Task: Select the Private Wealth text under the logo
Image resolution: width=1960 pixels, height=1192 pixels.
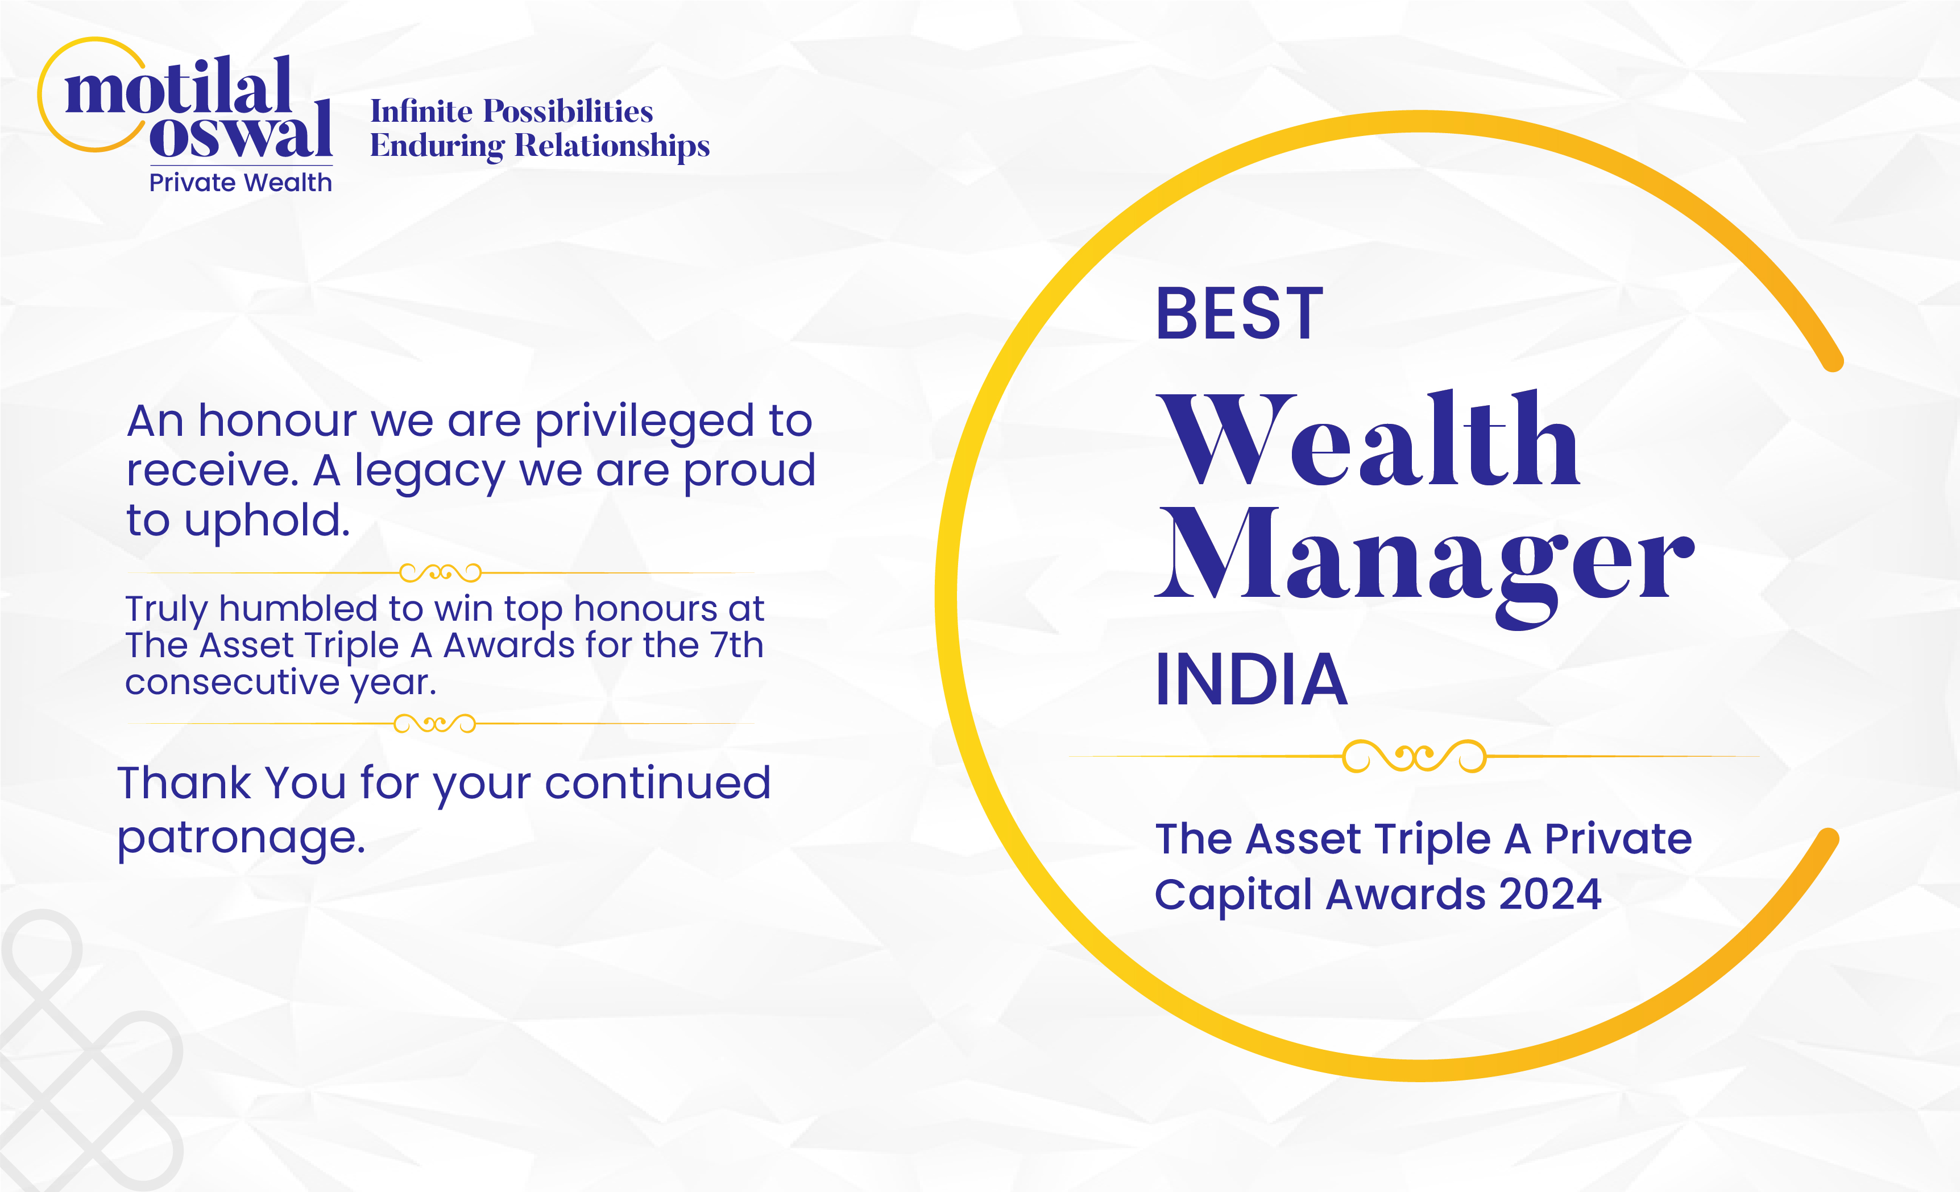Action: click(240, 182)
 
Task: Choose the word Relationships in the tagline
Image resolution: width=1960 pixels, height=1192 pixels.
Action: click(612, 146)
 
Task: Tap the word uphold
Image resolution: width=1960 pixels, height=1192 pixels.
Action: click(267, 521)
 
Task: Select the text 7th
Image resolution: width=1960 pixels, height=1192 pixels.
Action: click(736, 645)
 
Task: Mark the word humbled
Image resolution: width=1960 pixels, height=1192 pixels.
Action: click(299, 609)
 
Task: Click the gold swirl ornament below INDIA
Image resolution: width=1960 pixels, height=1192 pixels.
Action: click(1414, 757)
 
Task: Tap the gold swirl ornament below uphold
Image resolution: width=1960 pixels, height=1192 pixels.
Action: click(440, 572)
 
